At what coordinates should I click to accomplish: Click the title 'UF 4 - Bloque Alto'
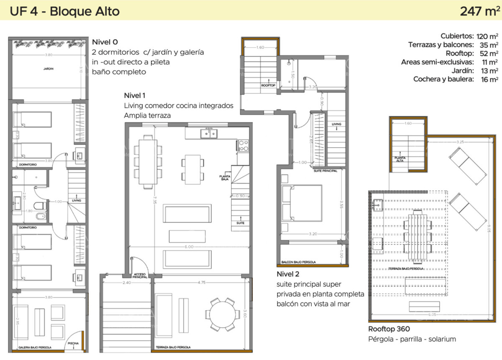coord(65,11)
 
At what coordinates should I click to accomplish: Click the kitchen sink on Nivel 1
coord(208,134)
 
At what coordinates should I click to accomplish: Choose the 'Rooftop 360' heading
coord(389,329)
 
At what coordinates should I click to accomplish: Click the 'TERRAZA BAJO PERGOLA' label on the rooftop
coord(407,268)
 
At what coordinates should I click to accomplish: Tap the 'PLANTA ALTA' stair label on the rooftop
coord(400,159)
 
